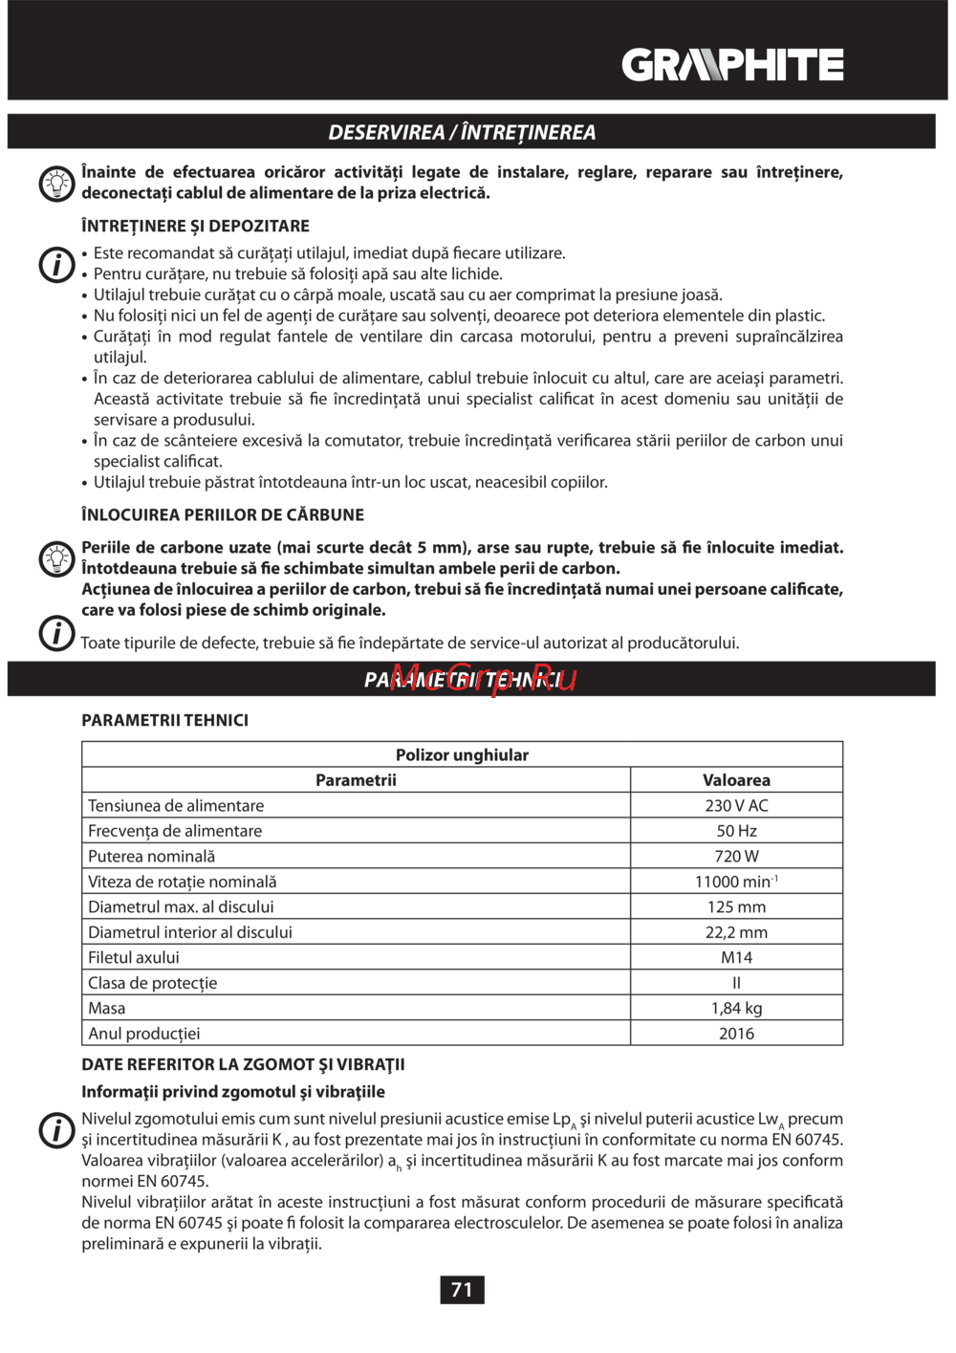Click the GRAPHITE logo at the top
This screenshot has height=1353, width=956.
point(732,65)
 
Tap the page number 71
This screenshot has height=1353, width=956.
point(462,1290)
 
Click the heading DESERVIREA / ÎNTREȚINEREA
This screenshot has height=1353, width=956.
point(462,132)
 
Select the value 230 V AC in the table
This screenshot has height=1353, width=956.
point(736,806)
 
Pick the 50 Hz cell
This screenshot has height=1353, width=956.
point(736,831)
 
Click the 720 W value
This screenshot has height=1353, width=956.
point(736,857)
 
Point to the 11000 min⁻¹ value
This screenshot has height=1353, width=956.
point(736,882)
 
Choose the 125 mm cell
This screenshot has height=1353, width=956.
point(736,906)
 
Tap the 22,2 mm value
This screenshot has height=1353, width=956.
point(736,932)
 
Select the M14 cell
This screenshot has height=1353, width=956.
point(736,957)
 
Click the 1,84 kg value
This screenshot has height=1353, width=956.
point(736,1008)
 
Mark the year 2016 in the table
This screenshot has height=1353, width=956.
point(736,1034)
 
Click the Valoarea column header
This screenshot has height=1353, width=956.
point(736,780)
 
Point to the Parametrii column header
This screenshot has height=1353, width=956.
point(356,780)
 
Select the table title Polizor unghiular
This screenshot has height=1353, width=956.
point(462,755)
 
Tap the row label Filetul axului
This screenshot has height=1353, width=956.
point(134,957)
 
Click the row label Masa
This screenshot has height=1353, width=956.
point(107,1008)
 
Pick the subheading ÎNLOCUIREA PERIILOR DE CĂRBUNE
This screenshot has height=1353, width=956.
point(223,514)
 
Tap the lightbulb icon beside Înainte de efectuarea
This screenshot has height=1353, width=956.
point(56,183)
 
